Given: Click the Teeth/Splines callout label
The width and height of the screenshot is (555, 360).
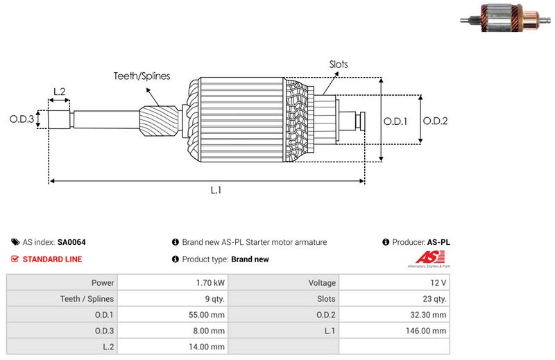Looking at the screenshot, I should point(142,76).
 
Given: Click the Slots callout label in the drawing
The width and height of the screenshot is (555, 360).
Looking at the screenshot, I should point(339,65).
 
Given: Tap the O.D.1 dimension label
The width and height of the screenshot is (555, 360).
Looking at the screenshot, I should point(395,121).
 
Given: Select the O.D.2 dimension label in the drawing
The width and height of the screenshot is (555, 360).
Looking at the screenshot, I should point(435,121).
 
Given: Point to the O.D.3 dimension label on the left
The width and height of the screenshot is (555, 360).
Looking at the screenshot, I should point(22,119).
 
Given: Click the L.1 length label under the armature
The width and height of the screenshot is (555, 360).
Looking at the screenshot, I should point(216,190).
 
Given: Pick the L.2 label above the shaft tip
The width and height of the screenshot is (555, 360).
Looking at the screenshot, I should point(59,92).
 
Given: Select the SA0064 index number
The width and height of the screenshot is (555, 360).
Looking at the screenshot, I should point(71,243).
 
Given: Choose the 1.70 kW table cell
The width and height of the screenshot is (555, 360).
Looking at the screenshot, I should point(210,283).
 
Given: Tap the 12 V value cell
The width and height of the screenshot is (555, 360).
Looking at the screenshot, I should point(438,283).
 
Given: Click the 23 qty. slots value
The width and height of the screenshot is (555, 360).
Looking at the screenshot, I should point(432,299).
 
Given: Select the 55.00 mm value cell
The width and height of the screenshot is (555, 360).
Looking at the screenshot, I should point(207,315).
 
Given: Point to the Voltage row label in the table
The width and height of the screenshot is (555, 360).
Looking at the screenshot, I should point(322,283).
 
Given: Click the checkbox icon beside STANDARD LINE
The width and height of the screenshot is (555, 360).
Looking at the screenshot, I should point(15,259).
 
